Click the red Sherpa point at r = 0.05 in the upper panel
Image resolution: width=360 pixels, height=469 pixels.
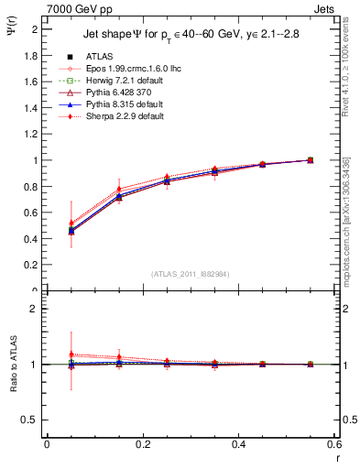47,223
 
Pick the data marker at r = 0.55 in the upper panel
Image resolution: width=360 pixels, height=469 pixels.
310,160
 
